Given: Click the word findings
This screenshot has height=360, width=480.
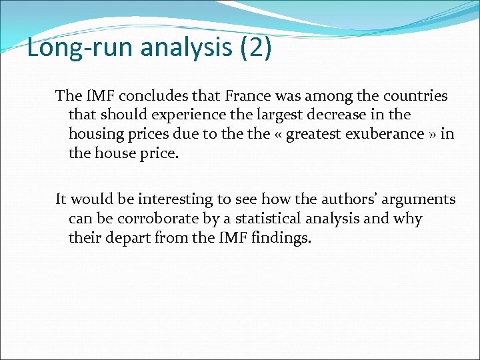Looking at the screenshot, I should (282, 237).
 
